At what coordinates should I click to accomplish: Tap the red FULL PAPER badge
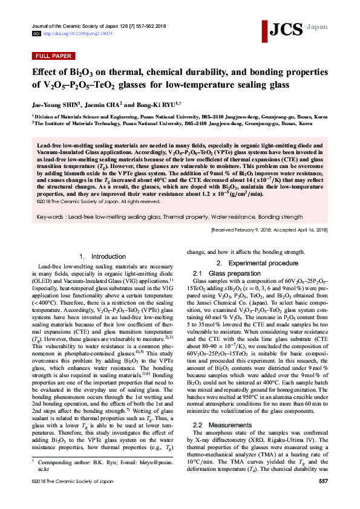coord(51,57)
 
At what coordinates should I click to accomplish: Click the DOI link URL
coord(73,34)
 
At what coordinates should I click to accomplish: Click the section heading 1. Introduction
coord(102,257)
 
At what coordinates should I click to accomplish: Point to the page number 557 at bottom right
coord(322,498)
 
